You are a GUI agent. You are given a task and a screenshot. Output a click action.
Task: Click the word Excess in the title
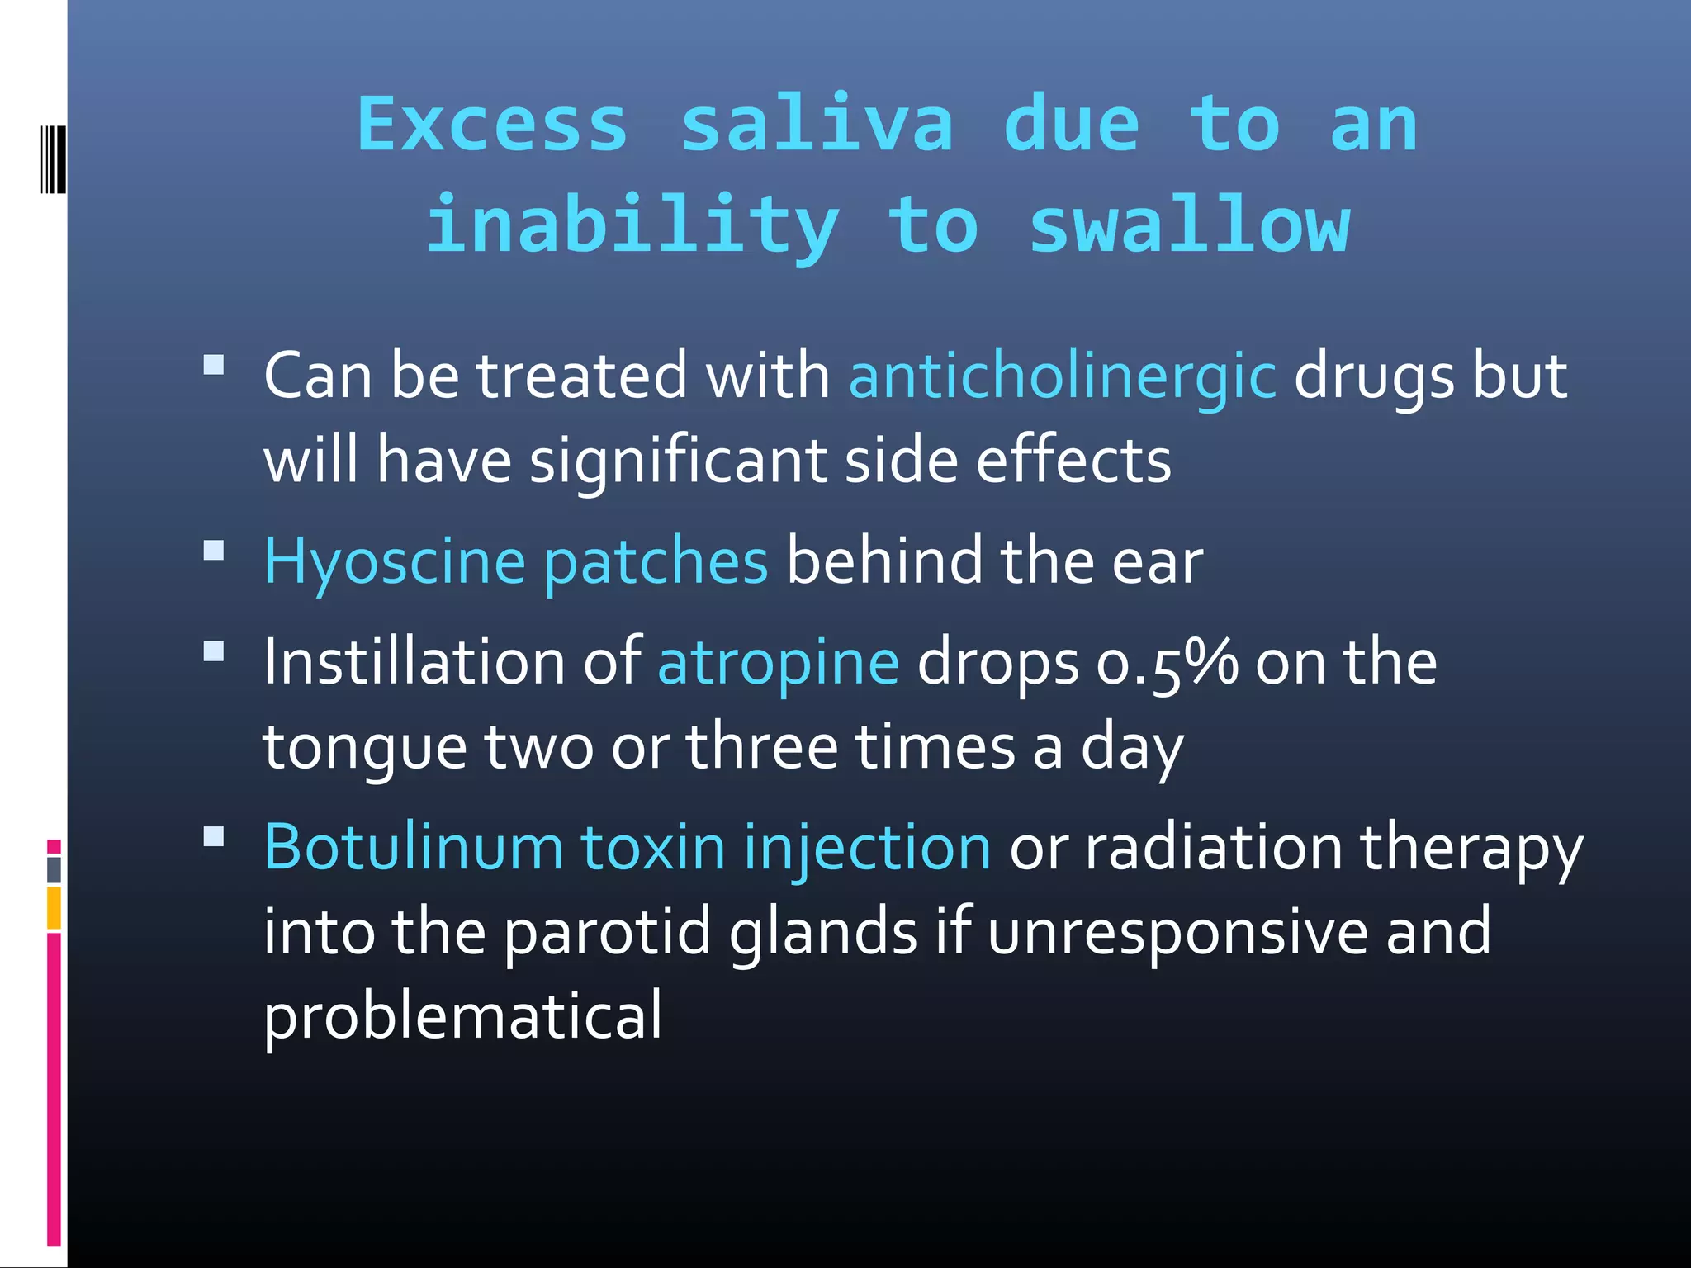tap(492, 125)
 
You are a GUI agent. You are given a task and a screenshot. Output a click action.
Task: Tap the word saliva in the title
tap(817, 125)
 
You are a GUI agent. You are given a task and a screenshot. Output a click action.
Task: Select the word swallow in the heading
tap(1190, 226)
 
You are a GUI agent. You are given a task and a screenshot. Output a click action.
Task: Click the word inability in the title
tap(632, 226)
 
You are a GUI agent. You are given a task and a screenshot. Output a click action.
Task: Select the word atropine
tap(778, 663)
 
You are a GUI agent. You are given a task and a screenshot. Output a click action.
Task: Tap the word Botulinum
tap(413, 847)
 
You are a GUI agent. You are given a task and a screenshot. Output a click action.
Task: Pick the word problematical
tap(462, 1017)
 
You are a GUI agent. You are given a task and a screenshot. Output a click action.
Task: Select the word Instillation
tap(413, 663)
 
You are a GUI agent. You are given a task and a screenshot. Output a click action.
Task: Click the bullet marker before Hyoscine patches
tap(214, 551)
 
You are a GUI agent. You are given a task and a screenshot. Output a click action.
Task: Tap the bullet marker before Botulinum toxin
tap(214, 837)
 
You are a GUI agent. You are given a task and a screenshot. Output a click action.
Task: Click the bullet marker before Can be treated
tap(214, 366)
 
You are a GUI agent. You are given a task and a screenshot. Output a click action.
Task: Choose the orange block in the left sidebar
tap(54, 907)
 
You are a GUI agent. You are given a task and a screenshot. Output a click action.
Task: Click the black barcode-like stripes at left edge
tap(53, 159)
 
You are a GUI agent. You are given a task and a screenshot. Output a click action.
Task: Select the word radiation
tap(1213, 847)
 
